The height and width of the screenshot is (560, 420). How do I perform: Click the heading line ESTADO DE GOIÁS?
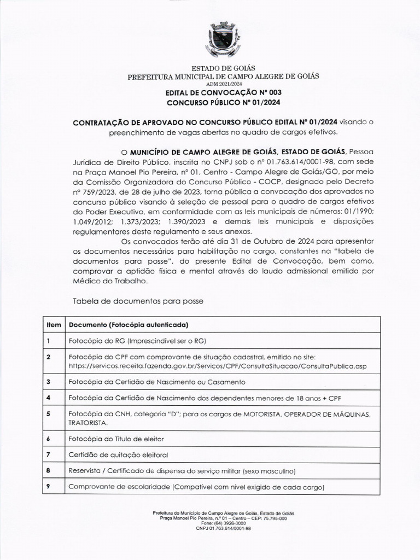[223, 68]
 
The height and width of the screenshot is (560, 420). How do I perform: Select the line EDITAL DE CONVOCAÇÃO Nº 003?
[223, 93]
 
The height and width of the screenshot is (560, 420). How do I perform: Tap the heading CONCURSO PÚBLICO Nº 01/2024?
[223, 102]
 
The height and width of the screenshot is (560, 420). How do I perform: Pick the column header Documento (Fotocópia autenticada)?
[128, 324]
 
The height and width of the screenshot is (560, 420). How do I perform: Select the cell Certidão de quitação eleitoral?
[118, 454]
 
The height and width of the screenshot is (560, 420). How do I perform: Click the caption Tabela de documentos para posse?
[138, 301]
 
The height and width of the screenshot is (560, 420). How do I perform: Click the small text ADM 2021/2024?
[223, 85]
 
